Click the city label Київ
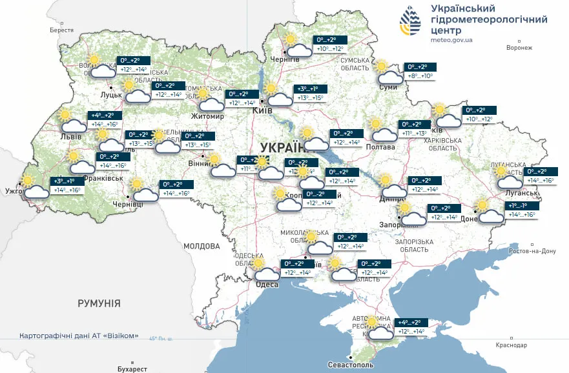[x=261, y=110]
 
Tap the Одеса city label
[x=267, y=285]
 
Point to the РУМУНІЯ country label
[x=99, y=303]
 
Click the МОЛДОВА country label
[x=202, y=246]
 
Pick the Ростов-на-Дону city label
[x=533, y=251]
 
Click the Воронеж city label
[x=519, y=48]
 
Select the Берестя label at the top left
[x=61, y=30]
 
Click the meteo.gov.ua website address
[x=451, y=40]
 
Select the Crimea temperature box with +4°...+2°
[x=410, y=327]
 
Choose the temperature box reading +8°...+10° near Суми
[x=420, y=72]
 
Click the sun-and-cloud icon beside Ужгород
[x=33, y=186]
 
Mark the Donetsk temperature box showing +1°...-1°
[x=520, y=210]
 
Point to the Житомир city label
[x=207, y=116]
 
